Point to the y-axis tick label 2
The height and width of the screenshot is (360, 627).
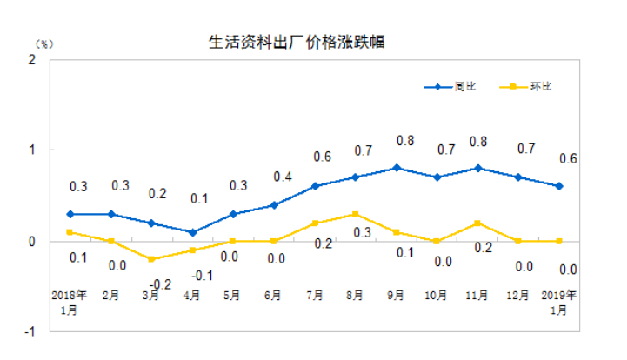coord(32,59)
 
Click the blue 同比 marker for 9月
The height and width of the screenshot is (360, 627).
coord(397,168)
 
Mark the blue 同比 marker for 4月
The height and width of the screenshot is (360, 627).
coord(192,232)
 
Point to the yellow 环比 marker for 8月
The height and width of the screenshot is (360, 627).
coord(356,214)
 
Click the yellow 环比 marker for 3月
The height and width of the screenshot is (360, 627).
coord(151,259)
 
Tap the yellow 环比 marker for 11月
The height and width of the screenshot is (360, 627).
coord(478,223)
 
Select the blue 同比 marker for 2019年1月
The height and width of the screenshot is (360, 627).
coord(559,186)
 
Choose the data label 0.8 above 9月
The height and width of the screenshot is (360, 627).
coord(404,140)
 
